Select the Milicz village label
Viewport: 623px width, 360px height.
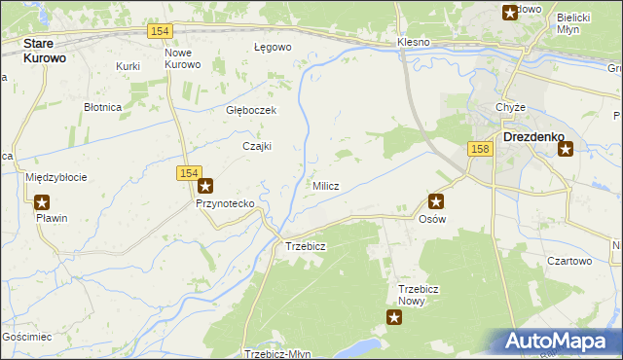[325, 186]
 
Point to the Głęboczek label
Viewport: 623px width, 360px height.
[251, 110]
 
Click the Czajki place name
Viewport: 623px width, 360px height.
[256, 146]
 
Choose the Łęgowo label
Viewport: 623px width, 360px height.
[273, 47]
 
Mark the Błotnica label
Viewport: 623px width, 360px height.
[101, 107]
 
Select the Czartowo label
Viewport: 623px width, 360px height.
[569, 261]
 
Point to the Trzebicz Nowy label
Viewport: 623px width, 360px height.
[421, 295]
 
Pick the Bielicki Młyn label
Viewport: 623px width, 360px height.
[574, 22]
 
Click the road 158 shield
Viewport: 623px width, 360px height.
[478, 148]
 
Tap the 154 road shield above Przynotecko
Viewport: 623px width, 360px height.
[190, 172]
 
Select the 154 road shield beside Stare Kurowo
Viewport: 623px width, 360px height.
[162, 32]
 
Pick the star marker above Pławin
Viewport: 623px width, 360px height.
[42, 202]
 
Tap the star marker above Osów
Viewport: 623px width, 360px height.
[436, 202]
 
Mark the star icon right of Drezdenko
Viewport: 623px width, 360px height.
[566, 149]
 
